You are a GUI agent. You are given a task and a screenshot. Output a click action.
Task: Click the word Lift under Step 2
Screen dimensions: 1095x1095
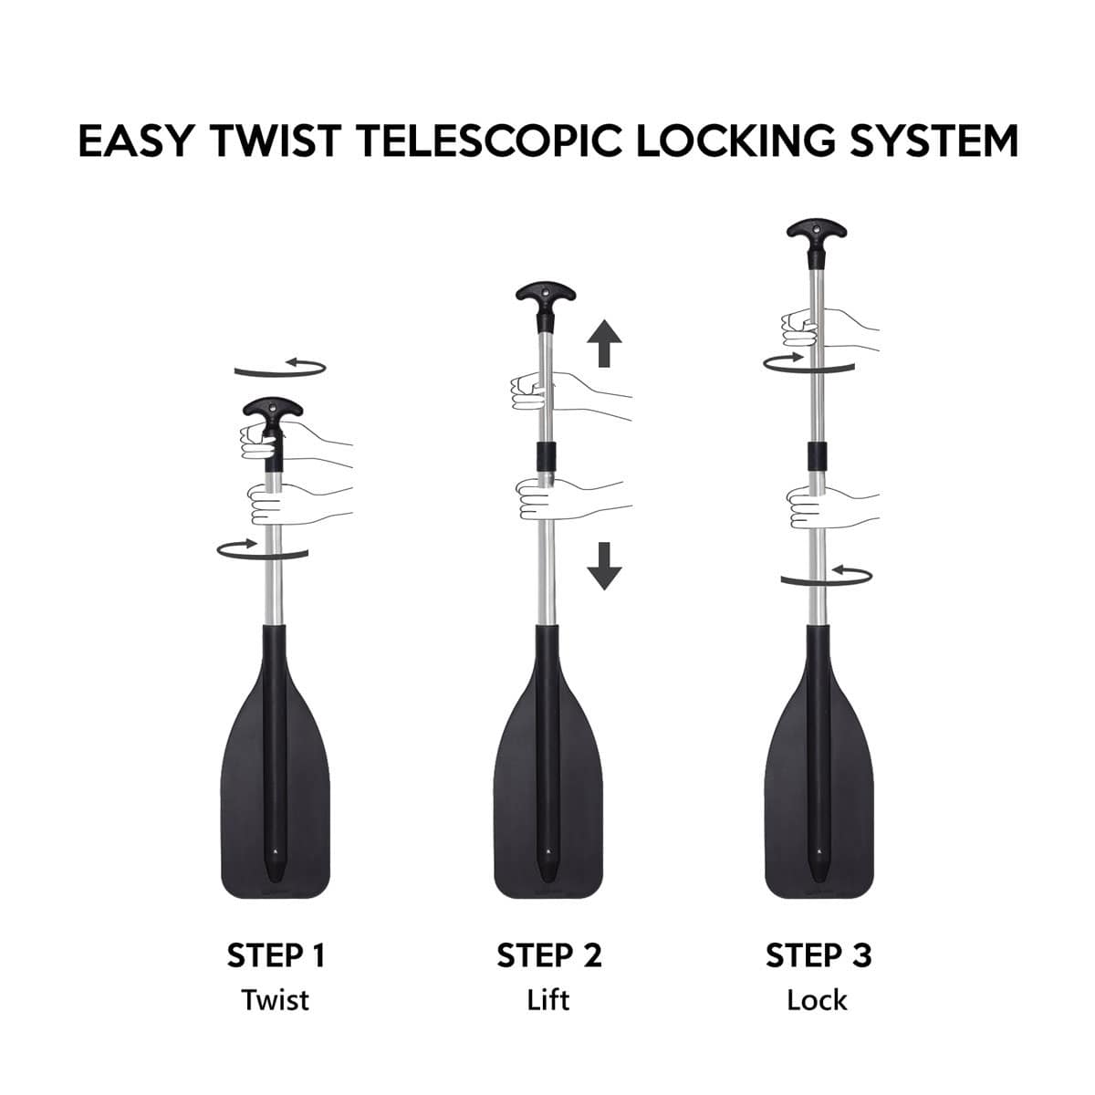(x=548, y=1000)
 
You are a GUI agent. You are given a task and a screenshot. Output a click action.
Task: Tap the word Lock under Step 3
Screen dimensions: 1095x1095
(x=818, y=1000)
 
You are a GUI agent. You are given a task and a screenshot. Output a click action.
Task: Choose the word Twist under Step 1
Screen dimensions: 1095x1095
(x=276, y=1000)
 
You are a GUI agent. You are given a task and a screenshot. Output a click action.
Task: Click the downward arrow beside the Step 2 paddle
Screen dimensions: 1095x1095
(x=604, y=565)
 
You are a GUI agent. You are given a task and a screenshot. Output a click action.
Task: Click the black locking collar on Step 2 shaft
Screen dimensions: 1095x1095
(x=547, y=457)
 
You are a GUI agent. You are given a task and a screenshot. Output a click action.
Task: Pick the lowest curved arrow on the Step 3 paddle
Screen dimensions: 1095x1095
(x=827, y=576)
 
